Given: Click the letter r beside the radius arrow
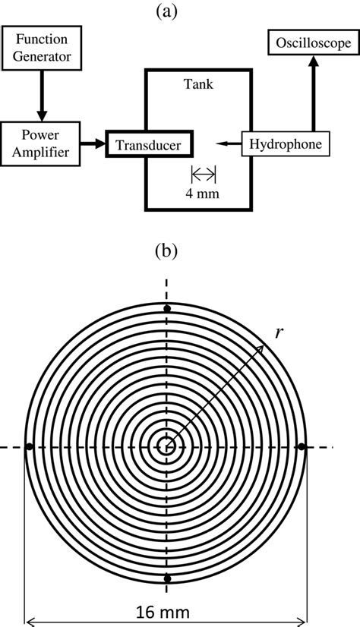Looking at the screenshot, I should (x=279, y=332).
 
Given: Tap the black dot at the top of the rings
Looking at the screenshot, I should (x=166, y=308).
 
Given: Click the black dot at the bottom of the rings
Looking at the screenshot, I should (x=166, y=579).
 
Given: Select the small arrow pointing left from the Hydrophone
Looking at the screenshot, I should (x=226, y=142).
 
